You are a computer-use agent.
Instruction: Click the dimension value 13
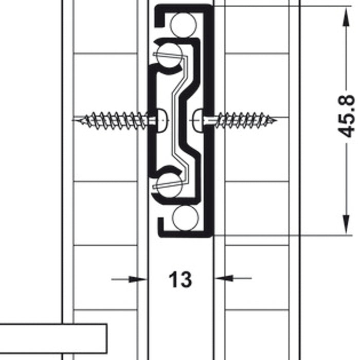pos(180,279)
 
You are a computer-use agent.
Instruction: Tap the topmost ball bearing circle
pos(184,25)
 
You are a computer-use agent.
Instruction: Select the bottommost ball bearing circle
pos(185,218)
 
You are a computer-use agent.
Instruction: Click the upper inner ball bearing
pos(170,56)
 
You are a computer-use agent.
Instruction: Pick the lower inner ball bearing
pos(170,185)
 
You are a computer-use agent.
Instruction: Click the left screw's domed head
pos(161,120)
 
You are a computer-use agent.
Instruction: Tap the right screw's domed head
pos(197,121)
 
